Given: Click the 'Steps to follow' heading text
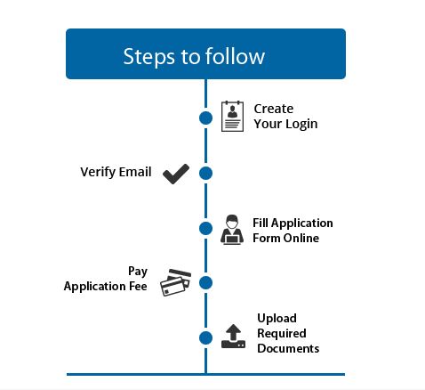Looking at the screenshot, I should (x=194, y=56).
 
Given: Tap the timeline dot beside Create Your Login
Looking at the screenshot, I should (x=206, y=117).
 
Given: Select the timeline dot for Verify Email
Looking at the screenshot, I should (x=206, y=173).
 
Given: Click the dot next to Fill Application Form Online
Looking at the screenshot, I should (x=206, y=229).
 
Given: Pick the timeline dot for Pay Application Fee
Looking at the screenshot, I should (x=206, y=283).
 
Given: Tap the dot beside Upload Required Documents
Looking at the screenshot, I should (x=206, y=338).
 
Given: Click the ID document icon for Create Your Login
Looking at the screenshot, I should (x=232, y=117).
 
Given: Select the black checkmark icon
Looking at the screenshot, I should (x=176, y=173).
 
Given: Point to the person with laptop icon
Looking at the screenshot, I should (x=230, y=229).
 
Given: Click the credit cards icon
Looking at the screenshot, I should (x=175, y=282).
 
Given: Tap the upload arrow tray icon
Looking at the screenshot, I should (x=232, y=336).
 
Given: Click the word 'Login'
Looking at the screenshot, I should (x=300, y=124).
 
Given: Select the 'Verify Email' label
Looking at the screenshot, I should (x=116, y=172).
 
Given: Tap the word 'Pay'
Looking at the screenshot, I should (x=138, y=271).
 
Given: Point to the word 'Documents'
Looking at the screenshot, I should (x=288, y=348).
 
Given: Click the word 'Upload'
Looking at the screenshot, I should (x=277, y=318).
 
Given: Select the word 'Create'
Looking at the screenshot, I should (x=273, y=109).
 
